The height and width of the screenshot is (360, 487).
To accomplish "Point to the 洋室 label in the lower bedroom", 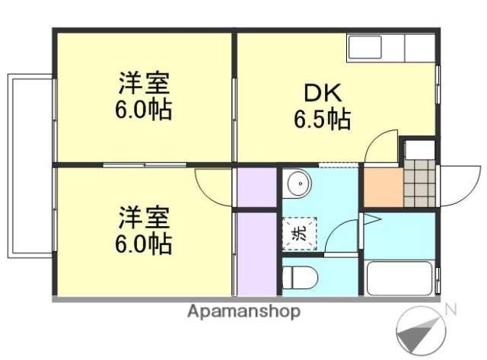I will coord(144,215).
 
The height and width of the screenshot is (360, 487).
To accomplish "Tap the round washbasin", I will coord(298,183).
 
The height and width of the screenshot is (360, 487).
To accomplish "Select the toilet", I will coord(298,276).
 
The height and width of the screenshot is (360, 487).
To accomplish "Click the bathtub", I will coord(399,279).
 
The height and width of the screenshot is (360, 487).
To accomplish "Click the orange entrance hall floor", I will coord(381,187).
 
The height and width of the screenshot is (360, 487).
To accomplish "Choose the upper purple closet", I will coord(257,186).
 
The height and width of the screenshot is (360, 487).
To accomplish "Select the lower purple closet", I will coord(257,253).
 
